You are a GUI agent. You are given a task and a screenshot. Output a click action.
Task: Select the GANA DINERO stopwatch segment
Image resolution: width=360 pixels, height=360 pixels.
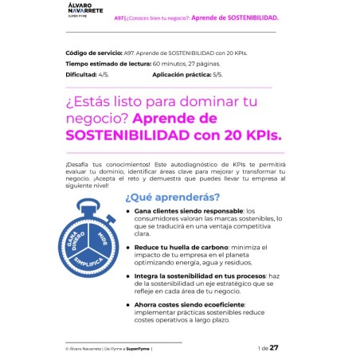point(73,237)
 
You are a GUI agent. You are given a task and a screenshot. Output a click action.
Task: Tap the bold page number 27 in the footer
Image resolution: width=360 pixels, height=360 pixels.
point(274,347)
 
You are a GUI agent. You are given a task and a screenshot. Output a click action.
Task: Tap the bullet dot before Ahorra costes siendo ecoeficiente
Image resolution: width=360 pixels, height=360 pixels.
point(127,304)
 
